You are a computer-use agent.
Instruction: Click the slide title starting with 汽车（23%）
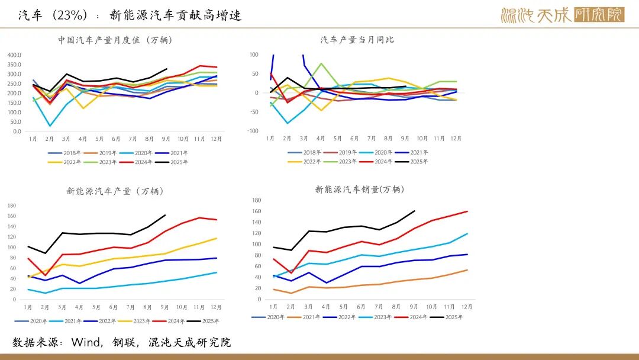(130, 15)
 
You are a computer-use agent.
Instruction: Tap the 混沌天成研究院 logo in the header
(562, 15)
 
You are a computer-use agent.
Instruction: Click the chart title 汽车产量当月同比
(357, 40)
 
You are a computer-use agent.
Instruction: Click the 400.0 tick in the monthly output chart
(14, 55)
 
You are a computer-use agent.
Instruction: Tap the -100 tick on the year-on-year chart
(254, 131)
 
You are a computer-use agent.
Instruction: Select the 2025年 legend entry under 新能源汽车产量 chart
(206, 322)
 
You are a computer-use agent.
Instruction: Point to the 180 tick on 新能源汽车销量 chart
(256, 200)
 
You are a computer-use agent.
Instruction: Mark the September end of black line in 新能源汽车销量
(415, 210)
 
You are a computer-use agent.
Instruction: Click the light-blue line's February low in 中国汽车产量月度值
(50, 126)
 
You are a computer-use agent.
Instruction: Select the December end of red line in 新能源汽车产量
(217, 220)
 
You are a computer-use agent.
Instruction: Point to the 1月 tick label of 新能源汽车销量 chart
(273, 307)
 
